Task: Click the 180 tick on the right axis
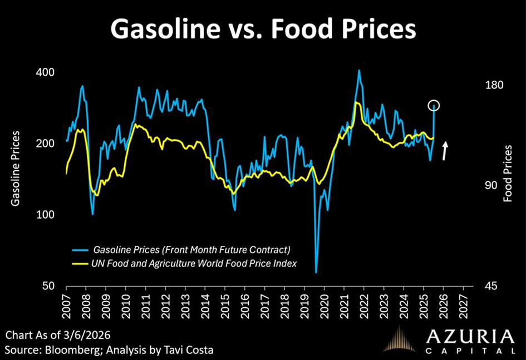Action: (494, 85)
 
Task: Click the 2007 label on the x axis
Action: (67, 303)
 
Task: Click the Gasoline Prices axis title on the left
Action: (16, 169)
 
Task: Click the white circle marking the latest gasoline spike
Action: (435, 105)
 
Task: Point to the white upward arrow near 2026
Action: (445, 151)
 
